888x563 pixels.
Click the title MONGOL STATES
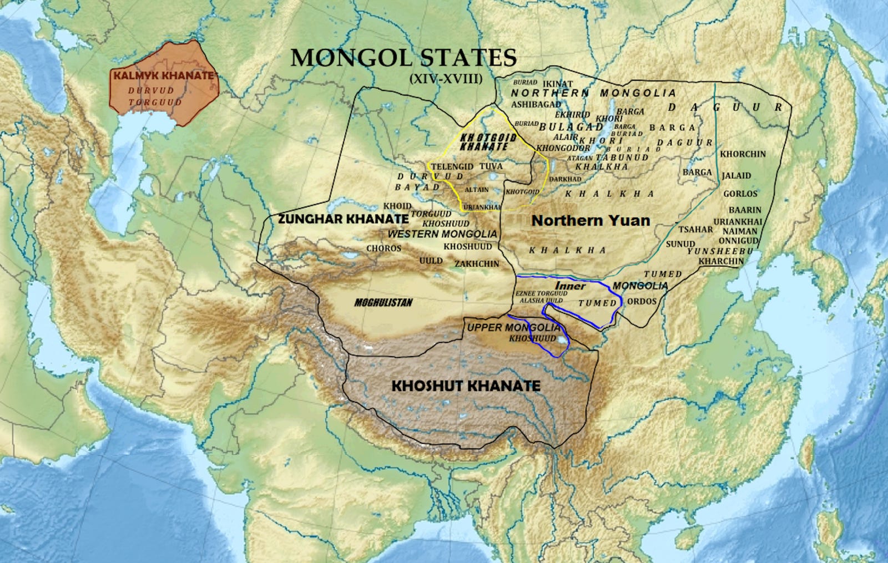coord(403,58)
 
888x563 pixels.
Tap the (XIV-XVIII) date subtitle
coord(445,79)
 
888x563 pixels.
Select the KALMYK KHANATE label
coord(163,75)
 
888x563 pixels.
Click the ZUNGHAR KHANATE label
coord(343,219)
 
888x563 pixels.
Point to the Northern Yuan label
coord(591,221)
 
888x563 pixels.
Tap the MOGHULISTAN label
coord(384,302)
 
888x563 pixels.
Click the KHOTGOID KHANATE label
coord(488,142)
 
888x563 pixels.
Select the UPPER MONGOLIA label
coord(513,327)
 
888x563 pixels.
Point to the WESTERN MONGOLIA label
coord(442,234)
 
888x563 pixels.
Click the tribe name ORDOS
coord(642,301)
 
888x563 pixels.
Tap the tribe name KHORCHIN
coord(743,154)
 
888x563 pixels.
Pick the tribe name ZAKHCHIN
coord(477,264)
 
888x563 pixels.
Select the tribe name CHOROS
coord(384,248)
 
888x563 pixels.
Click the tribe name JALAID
coord(736,175)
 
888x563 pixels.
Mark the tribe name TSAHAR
coord(695,229)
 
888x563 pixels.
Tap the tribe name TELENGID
coord(452,166)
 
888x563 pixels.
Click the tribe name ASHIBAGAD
coord(536,104)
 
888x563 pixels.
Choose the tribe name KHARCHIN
coord(721,261)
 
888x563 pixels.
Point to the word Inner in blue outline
coord(570,286)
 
